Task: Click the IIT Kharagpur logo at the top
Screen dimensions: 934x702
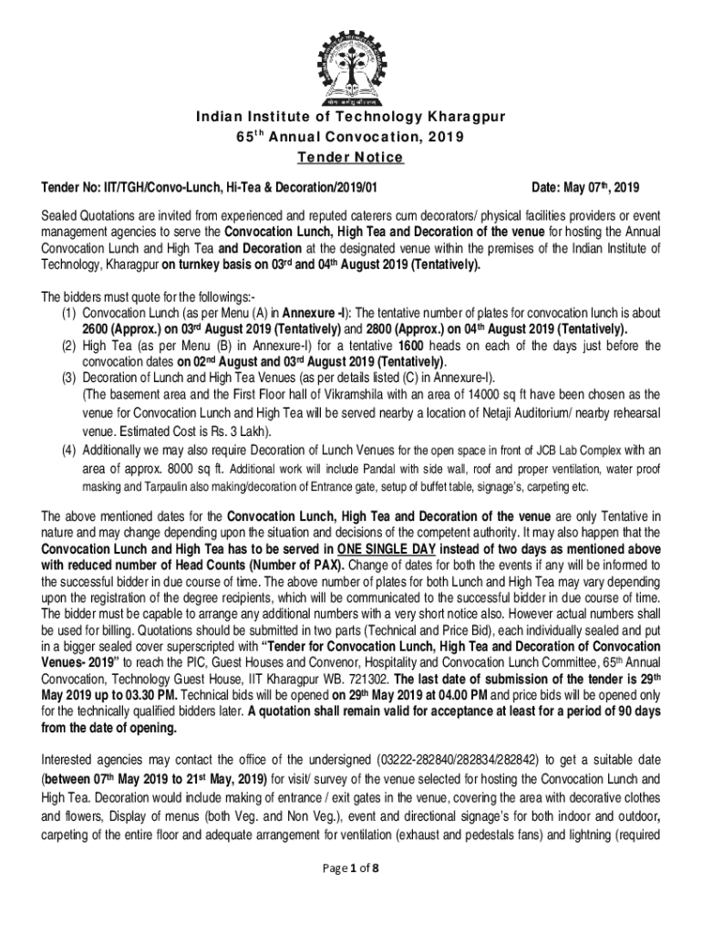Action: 351,56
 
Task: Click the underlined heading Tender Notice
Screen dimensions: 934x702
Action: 351,157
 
